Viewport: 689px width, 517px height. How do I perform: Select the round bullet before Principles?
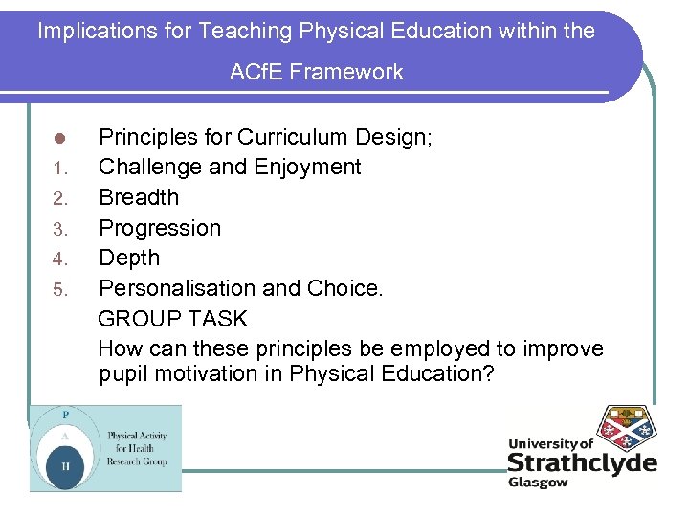[x=58, y=138]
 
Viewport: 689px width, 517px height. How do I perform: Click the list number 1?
[x=58, y=169]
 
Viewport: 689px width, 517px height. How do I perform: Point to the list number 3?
[x=58, y=230]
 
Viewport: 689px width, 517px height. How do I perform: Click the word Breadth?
[x=139, y=197]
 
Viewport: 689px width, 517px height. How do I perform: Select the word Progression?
[x=160, y=228]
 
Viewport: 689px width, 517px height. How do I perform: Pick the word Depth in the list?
[x=129, y=258]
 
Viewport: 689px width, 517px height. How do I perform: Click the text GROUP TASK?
[x=172, y=319]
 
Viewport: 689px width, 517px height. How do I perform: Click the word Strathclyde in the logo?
[x=582, y=463]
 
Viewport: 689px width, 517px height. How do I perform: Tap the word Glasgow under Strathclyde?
[x=538, y=483]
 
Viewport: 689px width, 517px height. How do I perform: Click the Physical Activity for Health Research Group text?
[x=137, y=448]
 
